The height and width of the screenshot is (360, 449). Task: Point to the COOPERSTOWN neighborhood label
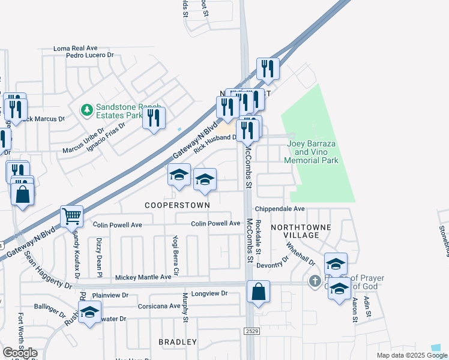click(x=178, y=205)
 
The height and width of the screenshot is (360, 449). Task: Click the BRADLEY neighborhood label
click(x=177, y=342)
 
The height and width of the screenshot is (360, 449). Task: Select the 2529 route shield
click(x=252, y=331)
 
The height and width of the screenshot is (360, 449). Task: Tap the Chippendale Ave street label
click(x=280, y=209)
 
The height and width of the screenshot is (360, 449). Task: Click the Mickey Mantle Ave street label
click(x=143, y=277)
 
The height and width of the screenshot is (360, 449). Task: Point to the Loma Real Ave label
click(x=75, y=48)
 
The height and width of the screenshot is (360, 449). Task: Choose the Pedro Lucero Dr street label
click(x=90, y=55)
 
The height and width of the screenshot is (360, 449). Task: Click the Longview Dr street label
click(x=207, y=293)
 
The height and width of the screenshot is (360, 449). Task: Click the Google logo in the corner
click(x=20, y=353)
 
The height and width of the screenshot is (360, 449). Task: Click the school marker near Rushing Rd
click(x=90, y=313)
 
